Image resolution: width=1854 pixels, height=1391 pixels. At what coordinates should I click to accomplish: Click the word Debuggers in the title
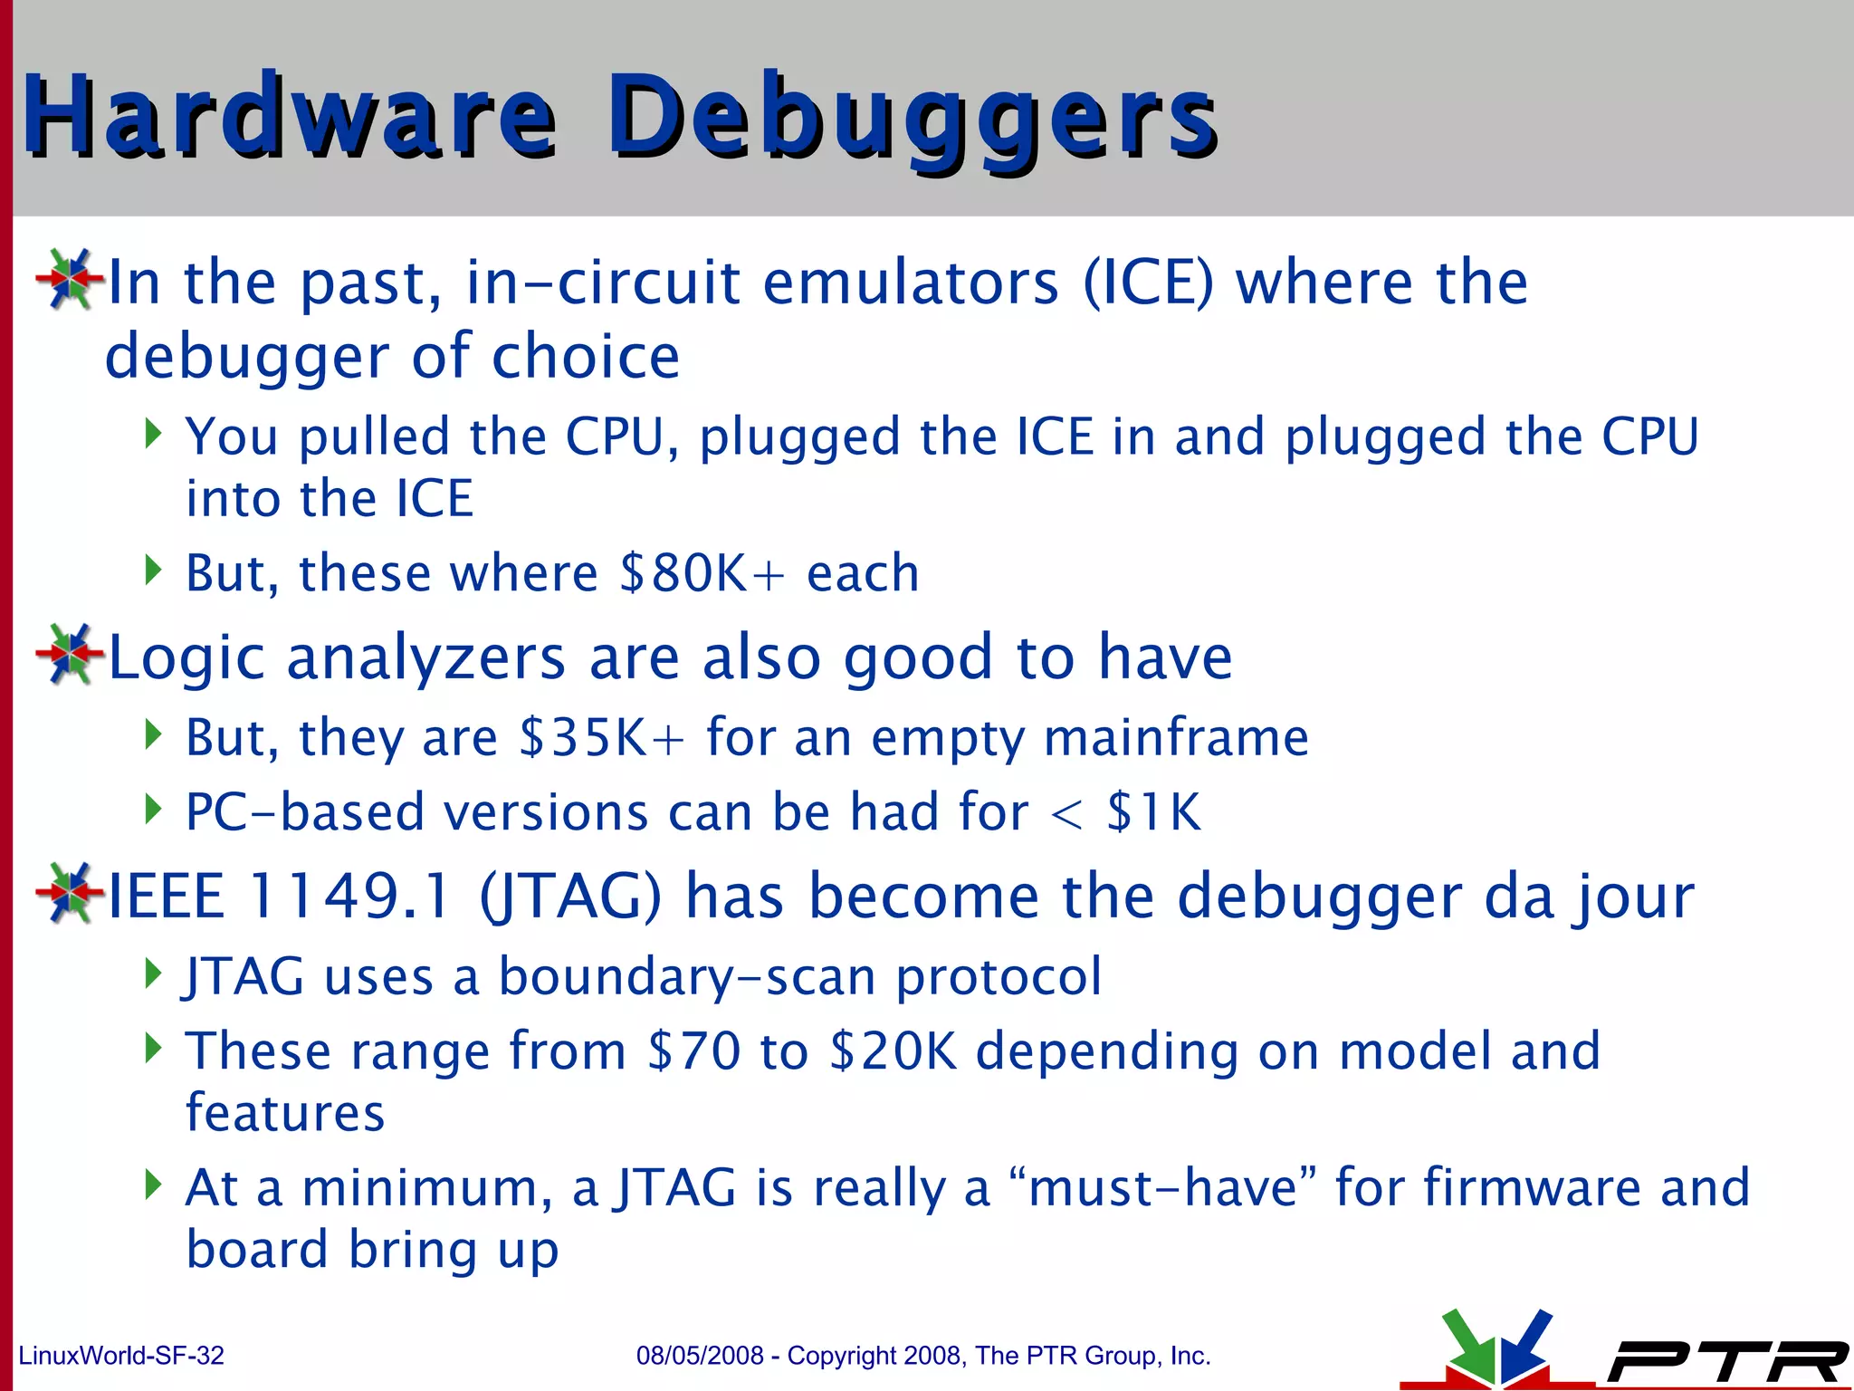point(913,118)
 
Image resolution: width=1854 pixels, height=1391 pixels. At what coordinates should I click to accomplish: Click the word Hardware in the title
point(290,118)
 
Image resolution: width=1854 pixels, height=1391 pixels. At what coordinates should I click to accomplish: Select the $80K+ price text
point(702,573)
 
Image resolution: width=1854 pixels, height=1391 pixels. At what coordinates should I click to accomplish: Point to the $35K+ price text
point(601,737)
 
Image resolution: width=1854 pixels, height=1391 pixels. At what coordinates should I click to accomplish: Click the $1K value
point(1153,811)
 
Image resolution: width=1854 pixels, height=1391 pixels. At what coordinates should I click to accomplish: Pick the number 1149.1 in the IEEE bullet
point(349,897)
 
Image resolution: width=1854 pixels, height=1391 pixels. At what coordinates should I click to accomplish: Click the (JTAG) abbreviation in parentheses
point(570,897)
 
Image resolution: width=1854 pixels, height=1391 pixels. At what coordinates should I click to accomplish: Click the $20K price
point(893,1051)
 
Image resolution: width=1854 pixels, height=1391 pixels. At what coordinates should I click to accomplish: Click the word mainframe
point(1176,737)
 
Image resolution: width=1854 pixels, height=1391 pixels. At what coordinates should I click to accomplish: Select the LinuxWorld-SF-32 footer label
point(121,1356)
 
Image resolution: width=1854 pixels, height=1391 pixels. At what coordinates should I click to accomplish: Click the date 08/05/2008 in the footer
point(700,1356)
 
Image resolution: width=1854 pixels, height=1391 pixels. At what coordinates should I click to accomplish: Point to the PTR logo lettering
point(1725,1361)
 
